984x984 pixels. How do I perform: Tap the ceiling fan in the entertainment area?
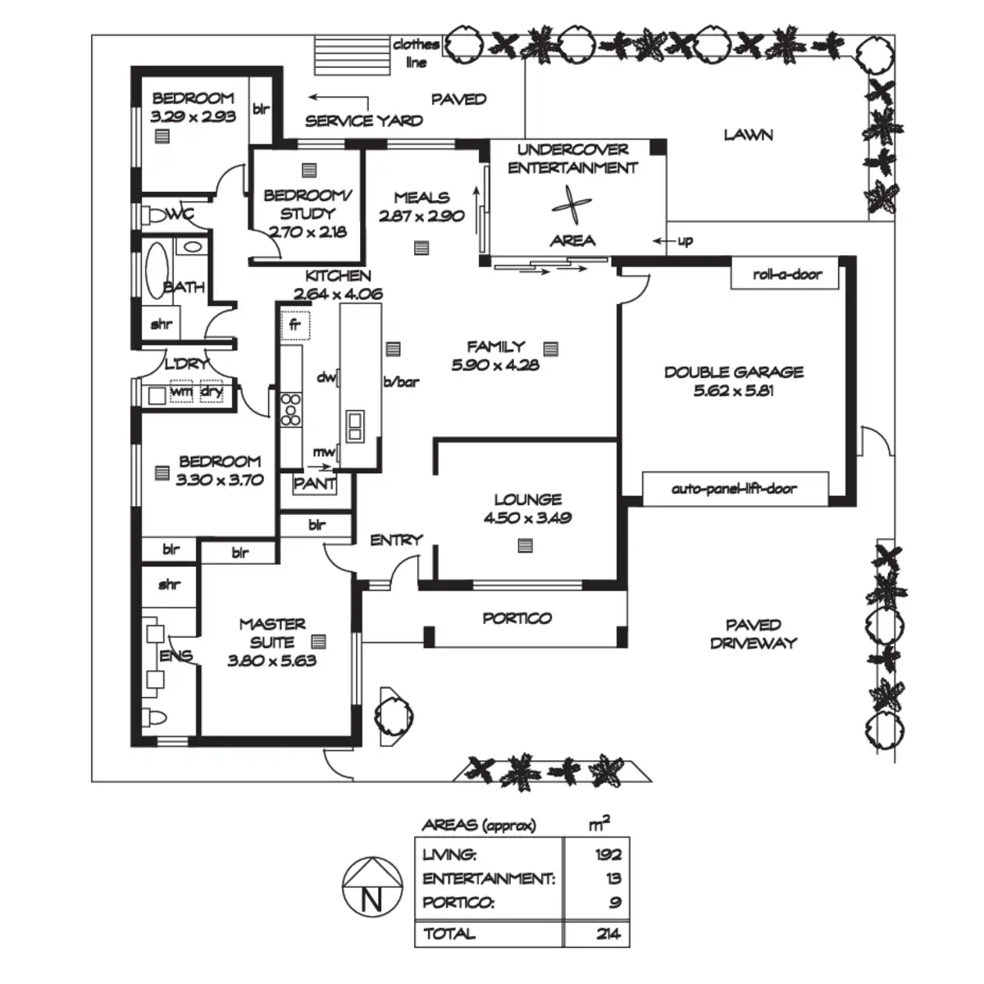coord(572,205)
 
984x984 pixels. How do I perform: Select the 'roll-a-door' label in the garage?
coord(787,274)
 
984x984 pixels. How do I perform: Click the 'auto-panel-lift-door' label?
coord(734,489)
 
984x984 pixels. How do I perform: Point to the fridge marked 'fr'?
coord(295,326)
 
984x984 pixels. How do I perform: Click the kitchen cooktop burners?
coord(290,409)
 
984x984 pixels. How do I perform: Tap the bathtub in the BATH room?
coord(157,270)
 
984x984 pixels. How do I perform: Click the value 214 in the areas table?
coord(608,934)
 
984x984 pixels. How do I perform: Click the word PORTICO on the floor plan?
coord(517,618)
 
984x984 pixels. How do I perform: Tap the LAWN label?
coord(748,134)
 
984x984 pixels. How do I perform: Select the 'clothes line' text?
coord(417,53)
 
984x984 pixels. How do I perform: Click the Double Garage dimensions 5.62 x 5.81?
coord(734,390)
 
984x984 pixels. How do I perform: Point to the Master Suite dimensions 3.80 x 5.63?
coord(271,661)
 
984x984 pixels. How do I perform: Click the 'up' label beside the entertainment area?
coord(686,241)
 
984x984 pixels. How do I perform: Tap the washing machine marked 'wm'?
coord(181,391)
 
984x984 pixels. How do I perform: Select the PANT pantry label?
coord(315,483)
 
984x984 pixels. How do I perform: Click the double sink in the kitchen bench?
coord(355,426)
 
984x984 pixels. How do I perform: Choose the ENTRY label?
coord(396,540)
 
